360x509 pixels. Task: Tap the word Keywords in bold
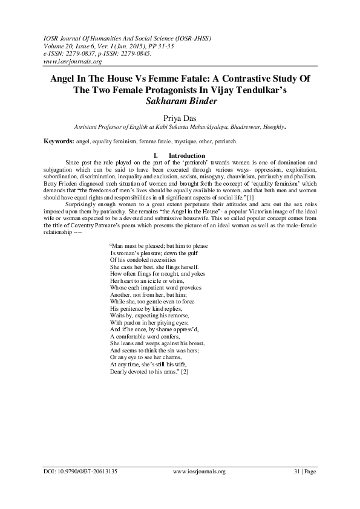click(59, 141)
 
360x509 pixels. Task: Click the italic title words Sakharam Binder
click(180, 101)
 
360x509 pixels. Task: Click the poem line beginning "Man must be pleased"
click(159, 245)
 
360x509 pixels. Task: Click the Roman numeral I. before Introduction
click(156, 155)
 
